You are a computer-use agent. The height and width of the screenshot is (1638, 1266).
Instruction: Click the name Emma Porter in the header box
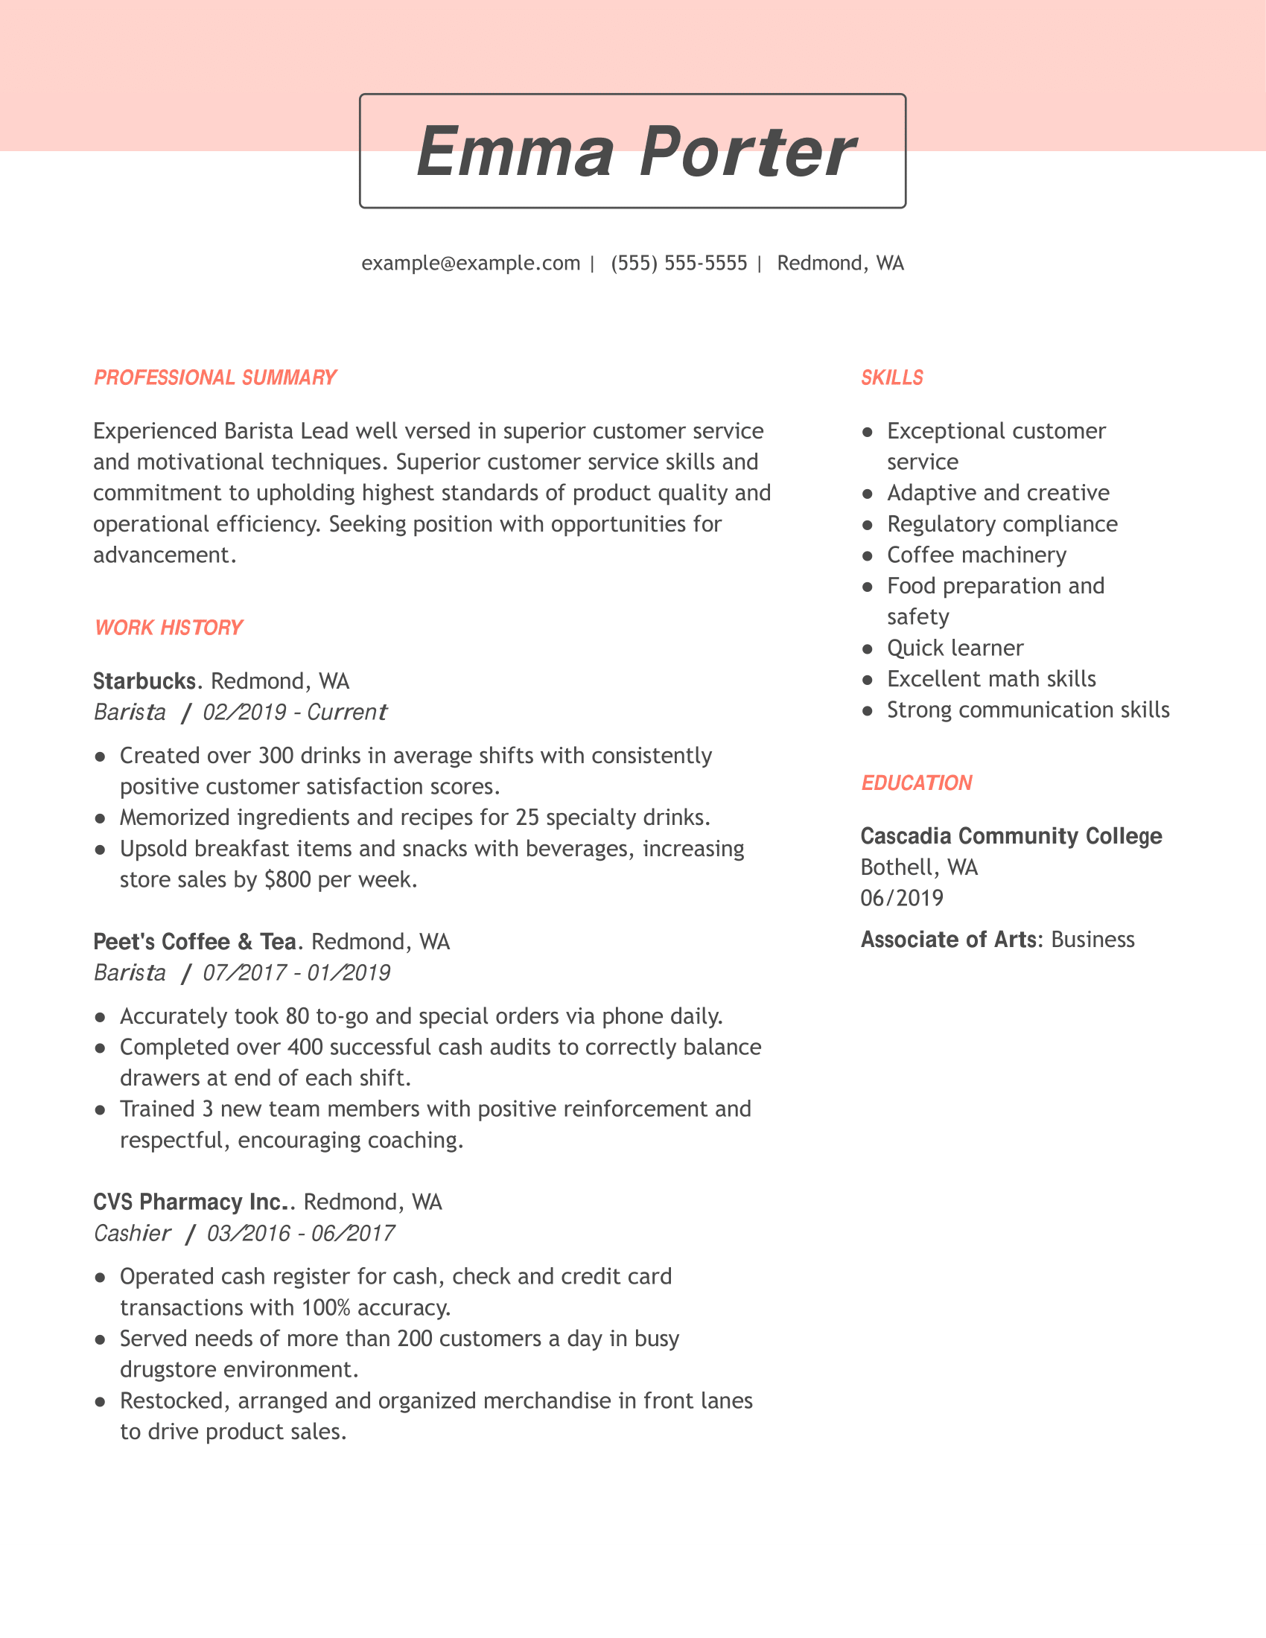tap(634, 151)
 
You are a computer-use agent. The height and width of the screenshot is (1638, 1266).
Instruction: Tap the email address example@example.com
tap(470, 264)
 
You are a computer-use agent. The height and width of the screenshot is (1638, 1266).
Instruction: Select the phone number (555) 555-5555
tap(678, 264)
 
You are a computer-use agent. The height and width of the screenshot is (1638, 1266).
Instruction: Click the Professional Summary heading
tap(214, 377)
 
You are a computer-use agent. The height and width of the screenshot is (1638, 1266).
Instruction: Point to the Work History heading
tap(169, 627)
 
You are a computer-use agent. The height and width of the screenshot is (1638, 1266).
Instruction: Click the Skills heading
tap(891, 377)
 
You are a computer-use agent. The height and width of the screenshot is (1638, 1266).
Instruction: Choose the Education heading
tap(916, 783)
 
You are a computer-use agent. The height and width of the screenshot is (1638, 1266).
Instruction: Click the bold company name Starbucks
tap(144, 681)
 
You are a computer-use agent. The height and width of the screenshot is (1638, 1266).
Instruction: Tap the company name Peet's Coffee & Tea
tap(194, 941)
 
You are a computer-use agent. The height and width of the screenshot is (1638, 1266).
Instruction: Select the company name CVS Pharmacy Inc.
tap(191, 1202)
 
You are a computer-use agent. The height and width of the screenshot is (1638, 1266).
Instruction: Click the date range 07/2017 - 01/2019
tap(296, 973)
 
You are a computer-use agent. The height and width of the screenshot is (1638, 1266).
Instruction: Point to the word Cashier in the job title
tap(132, 1233)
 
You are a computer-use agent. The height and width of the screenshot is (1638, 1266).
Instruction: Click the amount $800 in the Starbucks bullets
tap(288, 879)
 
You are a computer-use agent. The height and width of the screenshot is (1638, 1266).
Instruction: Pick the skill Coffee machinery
tap(976, 555)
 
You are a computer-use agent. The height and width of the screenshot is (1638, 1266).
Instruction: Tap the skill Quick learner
tap(955, 648)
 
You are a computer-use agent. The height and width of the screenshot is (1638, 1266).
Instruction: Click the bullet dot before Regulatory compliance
tap(868, 525)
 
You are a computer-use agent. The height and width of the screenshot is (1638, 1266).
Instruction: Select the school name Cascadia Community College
tap(1011, 836)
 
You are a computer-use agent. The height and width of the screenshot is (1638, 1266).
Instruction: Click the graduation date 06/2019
tap(902, 898)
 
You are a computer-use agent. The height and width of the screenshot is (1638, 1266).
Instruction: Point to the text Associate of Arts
tap(948, 940)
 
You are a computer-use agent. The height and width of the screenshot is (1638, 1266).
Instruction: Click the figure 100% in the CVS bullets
tap(326, 1307)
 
